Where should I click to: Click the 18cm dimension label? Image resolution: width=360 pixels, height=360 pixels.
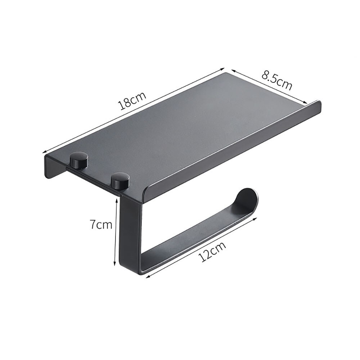click(132, 102)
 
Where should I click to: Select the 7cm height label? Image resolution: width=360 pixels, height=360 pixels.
click(101, 225)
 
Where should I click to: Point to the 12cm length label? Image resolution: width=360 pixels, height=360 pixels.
click(212, 252)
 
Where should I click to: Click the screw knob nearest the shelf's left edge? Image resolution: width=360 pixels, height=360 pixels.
click(79, 161)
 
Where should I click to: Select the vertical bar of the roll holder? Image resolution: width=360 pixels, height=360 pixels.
click(131, 230)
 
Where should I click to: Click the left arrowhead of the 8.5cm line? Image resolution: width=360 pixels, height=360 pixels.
click(233, 70)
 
